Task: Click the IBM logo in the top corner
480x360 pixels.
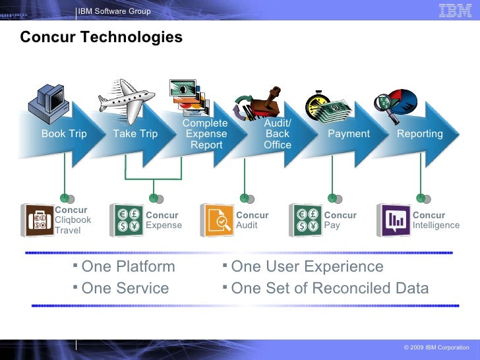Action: tap(455, 11)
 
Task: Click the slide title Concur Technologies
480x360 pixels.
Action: tap(101, 38)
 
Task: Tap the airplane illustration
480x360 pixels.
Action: tap(127, 97)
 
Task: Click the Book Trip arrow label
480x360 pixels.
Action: tap(64, 134)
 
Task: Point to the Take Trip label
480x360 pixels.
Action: tap(135, 134)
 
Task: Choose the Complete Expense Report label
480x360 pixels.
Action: tap(206, 134)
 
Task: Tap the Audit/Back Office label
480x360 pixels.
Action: tap(277, 134)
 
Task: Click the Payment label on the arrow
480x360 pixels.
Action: tap(349, 134)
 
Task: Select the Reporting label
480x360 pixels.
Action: tap(419, 134)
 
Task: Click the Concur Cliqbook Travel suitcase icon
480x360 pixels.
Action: tap(36, 220)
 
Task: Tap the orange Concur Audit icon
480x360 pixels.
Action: tap(216, 220)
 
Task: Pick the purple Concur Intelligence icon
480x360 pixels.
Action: tap(393, 220)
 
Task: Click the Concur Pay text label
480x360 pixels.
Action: tap(340, 220)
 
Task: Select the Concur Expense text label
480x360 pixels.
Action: tap(163, 220)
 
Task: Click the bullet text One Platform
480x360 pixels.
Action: tap(128, 267)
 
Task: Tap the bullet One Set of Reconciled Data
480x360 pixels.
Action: tap(330, 288)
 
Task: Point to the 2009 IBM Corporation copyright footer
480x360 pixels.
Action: tap(436, 347)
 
